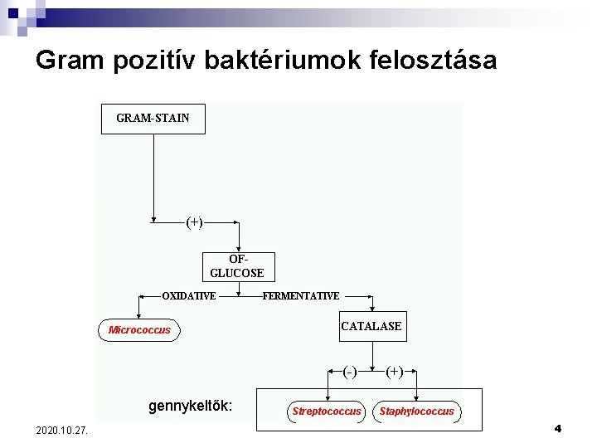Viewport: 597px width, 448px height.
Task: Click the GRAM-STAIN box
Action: click(153, 119)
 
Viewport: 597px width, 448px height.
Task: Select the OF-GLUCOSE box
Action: click(237, 266)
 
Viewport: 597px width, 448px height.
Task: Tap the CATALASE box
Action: click(371, 326)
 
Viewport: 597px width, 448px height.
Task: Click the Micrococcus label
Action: click(139, 330)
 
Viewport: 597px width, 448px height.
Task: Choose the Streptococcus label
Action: click(327, 411)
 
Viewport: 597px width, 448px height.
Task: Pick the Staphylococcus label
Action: click(416, 411)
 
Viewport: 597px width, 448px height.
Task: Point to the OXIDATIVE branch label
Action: click(188, 296)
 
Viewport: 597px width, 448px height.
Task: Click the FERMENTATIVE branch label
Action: click(300, 296)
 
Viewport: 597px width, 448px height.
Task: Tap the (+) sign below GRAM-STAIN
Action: click(195, 222)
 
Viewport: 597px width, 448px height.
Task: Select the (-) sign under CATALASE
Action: click(350, 372)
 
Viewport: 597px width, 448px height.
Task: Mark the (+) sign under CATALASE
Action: click(395, 372)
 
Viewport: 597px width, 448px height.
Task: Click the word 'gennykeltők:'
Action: click(190, 407)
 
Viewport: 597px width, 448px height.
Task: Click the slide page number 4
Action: click(557, 429)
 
